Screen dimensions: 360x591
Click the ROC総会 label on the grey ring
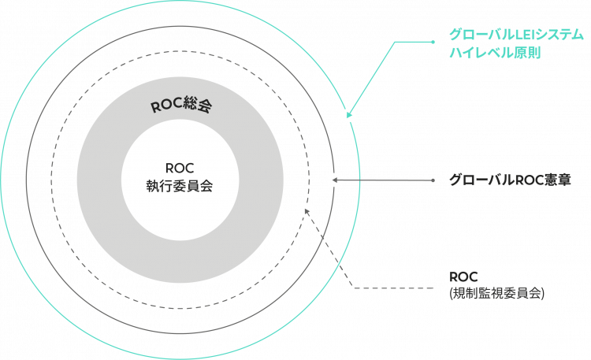tap(181, 107)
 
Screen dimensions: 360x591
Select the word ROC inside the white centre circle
tap(180, 168)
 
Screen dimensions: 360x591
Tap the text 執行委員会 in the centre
tap(180, 187)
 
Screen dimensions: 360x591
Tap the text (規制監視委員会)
tap(496, 292)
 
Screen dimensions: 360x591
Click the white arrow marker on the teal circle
tap(348, 114)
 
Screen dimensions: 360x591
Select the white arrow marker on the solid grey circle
tap(333, 180)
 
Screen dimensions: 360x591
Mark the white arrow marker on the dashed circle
tap(306, 210)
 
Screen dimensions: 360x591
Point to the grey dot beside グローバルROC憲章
tap(433, 180)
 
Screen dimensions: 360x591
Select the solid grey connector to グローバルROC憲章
tap(386, 180)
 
